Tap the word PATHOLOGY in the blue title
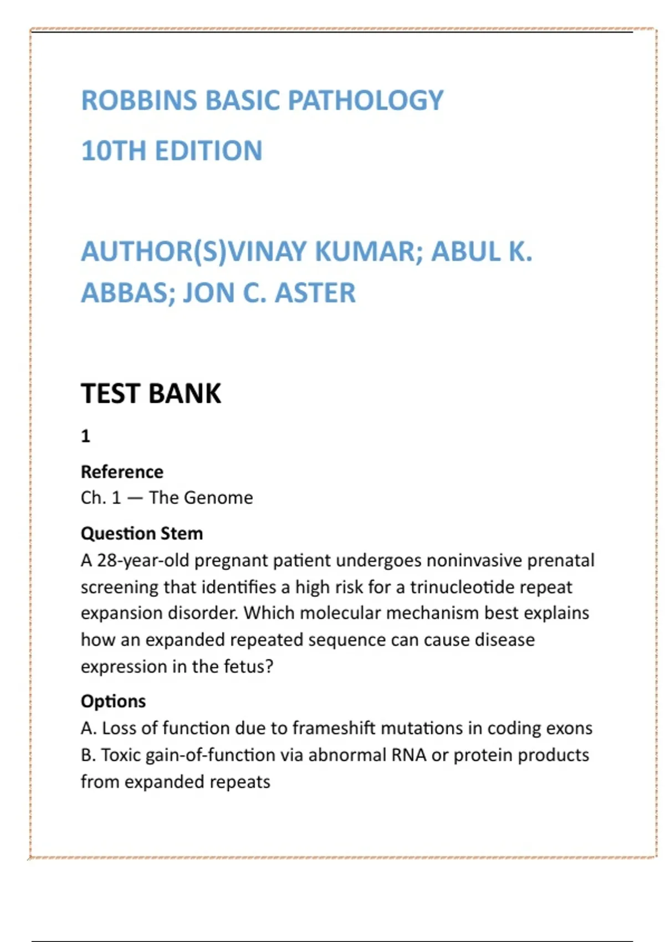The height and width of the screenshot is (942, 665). (366, 100)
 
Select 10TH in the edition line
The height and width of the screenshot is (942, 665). (114, 151)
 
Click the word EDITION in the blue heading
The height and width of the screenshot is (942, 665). (209, 151)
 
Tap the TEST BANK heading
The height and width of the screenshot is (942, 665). (151, 393)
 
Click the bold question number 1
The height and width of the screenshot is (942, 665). (85, 436)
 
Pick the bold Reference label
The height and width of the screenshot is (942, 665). (122, 472)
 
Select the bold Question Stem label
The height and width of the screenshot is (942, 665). (142, 533)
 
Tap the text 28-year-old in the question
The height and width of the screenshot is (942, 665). (143, 560)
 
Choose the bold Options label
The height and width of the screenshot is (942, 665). (113, 701)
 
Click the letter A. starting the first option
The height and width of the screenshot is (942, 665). (88, 728)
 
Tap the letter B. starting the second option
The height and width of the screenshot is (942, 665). (88, 755)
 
